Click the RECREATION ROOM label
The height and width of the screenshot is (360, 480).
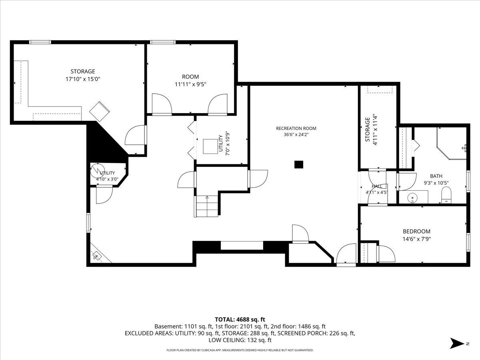(296, 128)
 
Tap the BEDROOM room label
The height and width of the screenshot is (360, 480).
(416, 231)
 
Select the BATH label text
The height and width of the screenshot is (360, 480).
(436, 176)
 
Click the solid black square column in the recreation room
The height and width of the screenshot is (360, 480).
(299, 164)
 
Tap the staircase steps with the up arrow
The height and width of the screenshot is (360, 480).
(207, 206)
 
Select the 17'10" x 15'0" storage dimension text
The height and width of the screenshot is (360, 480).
(83, 79)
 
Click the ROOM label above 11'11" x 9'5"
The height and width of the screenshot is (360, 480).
(190, 77)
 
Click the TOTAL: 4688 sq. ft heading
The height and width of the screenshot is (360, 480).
(240, 320)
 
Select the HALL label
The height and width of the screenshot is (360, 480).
(377, 186)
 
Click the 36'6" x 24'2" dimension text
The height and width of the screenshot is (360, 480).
(296, 135)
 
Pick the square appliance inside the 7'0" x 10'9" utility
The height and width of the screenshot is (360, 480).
(210, 146)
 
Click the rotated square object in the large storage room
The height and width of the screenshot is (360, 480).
(100, 112)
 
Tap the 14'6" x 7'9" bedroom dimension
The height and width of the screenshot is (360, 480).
(417, 239)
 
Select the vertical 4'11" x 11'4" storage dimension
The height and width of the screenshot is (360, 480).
(375, 130)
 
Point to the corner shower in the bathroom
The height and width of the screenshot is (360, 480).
(452, 143)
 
